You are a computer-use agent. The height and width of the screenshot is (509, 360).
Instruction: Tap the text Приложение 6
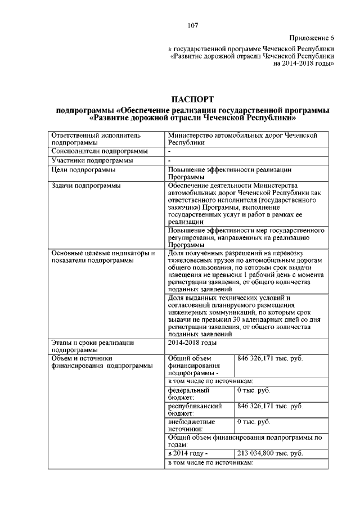(x=311, y=38)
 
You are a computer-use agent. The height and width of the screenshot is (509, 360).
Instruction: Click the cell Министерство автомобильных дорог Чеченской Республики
(x=243, y=139)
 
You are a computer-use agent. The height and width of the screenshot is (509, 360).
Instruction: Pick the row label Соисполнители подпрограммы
(x=100, y=151)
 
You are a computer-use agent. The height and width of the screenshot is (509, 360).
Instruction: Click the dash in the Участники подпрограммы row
(x=169, y=160)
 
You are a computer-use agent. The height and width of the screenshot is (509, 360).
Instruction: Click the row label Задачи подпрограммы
(x=85, y=185)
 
